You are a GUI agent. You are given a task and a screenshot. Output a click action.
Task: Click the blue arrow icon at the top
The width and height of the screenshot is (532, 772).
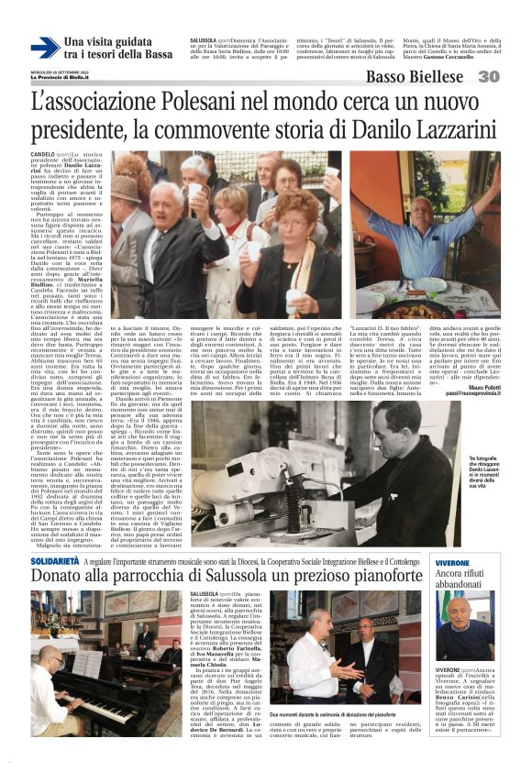[x=44, y=48]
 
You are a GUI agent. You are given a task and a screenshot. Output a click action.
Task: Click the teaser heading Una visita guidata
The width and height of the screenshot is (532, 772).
[x=107, y=42]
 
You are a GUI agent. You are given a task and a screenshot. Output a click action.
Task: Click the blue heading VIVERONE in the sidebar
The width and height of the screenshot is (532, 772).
[x=478, y=560]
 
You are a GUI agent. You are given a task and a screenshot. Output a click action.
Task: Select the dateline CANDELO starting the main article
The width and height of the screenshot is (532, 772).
[x=42, y=154]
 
